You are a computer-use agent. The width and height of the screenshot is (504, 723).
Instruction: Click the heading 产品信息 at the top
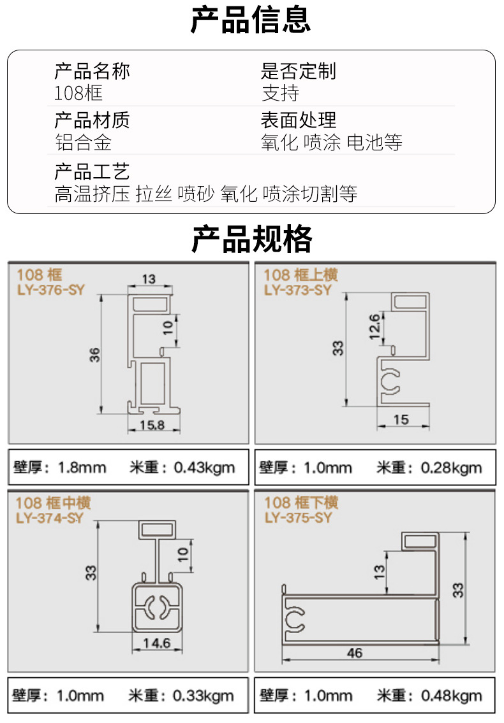(250, 20)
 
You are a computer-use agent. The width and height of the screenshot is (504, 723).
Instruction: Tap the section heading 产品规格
(252, 239)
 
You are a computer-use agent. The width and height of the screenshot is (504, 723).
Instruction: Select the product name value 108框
(78, 93)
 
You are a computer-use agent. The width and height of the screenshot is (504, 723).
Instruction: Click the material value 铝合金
(83, 142)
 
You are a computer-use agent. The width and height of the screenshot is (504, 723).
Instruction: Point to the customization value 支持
(281, 93)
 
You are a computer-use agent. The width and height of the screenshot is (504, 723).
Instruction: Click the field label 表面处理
(299, 120)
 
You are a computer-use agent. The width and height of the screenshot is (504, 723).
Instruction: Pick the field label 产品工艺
(92, 171)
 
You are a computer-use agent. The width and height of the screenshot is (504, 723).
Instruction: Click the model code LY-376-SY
(51, 290)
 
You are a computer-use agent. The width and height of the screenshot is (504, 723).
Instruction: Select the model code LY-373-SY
(298, 290)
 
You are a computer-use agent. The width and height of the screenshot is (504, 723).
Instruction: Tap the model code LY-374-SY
(50, 518)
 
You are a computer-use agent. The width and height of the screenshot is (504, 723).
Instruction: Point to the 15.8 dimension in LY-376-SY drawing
(152, 425)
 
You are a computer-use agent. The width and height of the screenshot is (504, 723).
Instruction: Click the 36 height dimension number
(94, 355)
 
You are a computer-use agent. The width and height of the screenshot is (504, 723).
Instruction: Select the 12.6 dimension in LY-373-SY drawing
(374, 326)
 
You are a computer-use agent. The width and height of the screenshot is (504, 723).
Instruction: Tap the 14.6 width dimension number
(156, 643)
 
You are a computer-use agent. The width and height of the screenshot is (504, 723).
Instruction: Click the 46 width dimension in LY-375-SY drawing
(355, 653)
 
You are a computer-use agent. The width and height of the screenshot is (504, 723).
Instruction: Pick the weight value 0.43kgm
(204, 468)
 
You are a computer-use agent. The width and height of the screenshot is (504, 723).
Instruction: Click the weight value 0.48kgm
(451, 696)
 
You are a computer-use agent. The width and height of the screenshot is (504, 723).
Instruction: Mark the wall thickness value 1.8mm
(82, 468)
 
